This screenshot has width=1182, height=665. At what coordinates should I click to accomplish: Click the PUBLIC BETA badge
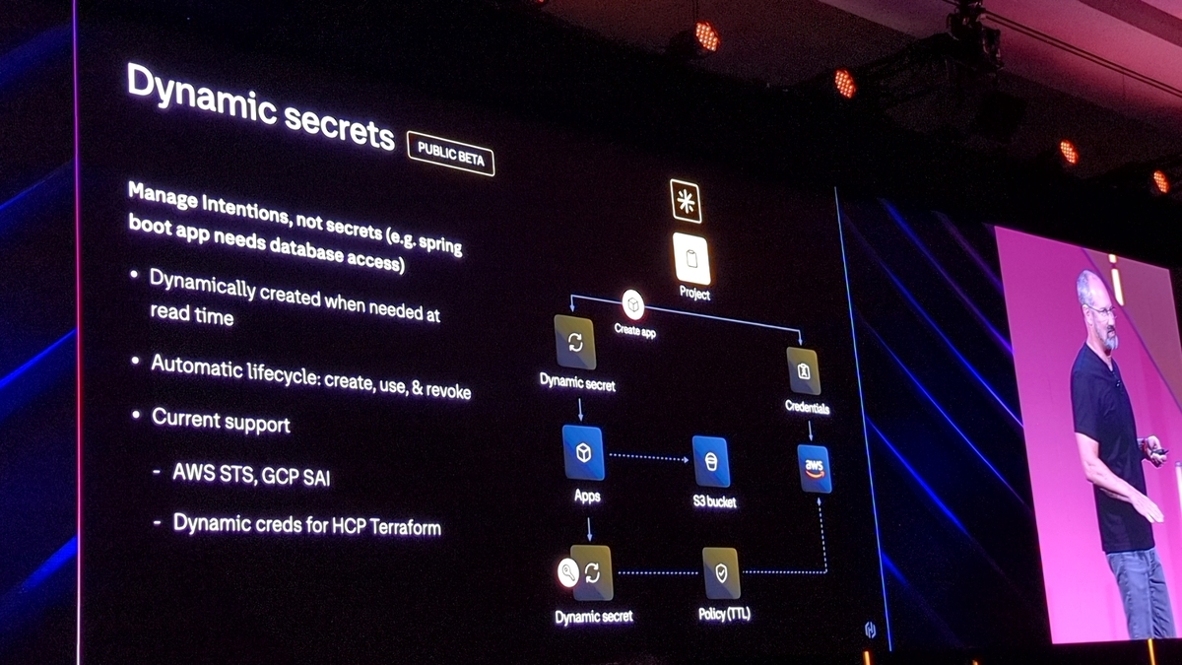(451, 154)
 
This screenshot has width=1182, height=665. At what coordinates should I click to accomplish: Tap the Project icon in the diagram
(692, 259)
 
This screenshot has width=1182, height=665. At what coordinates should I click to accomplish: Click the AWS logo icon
(815, 467)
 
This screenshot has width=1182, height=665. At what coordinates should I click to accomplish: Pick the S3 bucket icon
(711, 460)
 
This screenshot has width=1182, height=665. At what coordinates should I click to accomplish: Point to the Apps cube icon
(583, 452)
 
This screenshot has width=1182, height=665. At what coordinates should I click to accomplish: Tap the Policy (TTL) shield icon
(721, 572)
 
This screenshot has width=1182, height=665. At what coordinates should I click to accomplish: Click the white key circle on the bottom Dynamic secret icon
(568, 572)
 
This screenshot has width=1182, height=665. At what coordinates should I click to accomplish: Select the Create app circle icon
(632, 304)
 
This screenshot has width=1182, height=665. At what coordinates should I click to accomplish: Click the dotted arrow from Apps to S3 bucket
(647, 457)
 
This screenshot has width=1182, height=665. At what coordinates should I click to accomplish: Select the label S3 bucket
(713, 502)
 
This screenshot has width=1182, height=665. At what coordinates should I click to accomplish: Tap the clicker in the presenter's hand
(1159, 451)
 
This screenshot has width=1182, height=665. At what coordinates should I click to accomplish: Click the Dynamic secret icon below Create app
(575, 342)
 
